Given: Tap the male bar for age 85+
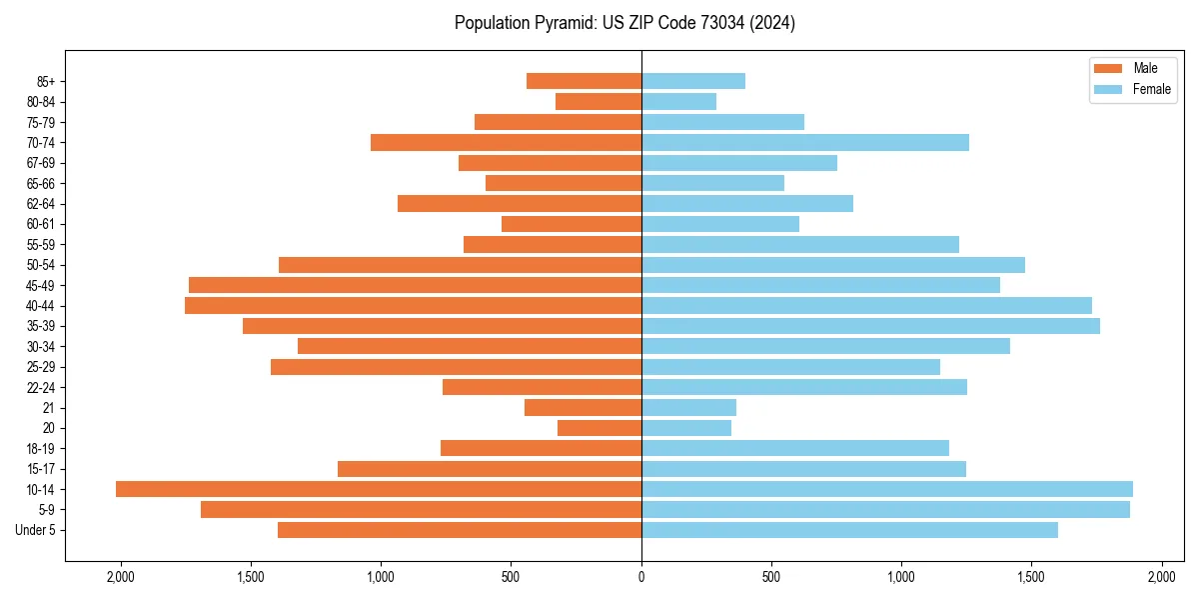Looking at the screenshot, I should (x=584, y=81).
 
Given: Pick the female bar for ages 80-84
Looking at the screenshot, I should (x=678, y=101).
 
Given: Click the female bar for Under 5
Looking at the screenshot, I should (x=849, y=530).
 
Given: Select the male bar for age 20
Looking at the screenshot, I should (x=599, y=428).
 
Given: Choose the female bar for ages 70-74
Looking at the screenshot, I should (x=805, y=142).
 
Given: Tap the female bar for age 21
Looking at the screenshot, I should (x=688, y=407).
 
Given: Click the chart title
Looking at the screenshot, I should (x=624, y=23).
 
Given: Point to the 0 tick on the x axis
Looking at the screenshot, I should (x=641, y=577).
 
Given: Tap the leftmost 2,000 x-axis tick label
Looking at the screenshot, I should (x=121, y=577).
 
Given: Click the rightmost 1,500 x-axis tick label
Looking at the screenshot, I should (x=1031, y=577).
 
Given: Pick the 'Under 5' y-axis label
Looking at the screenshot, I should (x=35, y=530).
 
